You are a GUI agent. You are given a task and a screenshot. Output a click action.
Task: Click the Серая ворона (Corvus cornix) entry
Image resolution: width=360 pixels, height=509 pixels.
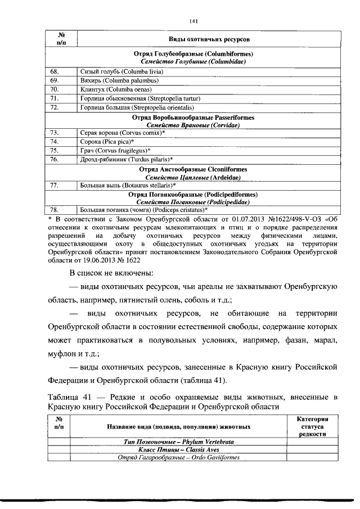[122, 133]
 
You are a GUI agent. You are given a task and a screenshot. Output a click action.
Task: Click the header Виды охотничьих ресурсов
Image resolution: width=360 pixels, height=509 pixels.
[209, 39]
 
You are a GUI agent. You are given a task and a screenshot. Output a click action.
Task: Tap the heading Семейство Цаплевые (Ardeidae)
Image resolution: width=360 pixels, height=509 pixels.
[193, 177]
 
